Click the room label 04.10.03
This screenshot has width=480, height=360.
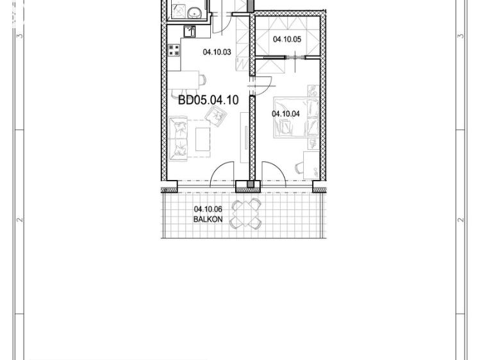coord(216,53)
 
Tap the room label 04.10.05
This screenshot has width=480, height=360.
coord(286,39)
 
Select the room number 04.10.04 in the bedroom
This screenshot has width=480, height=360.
coord(285,114)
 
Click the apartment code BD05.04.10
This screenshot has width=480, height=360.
coord(208,100)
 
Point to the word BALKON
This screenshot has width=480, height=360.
coord(208,219)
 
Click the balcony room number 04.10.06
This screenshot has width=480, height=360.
coord(208,209)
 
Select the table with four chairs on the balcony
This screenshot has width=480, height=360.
coord(246,213)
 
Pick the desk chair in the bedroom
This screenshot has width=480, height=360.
coord(300,168)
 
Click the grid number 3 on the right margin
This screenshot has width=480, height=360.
coord(460,37)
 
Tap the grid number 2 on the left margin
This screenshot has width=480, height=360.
coord(21,220)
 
